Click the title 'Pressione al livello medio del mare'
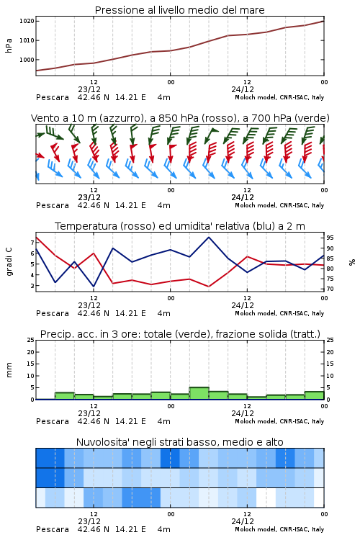tap(179, 10)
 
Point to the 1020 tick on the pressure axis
tap(27, 21)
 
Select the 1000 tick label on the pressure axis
tap(27, 60)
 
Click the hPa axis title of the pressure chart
tap(9, 45)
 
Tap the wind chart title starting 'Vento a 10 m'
tap(180, 118)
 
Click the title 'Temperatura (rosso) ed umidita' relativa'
tap(180, 226)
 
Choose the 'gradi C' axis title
tap(9, 262)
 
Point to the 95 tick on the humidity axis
tap(330, 238)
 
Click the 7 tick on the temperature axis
tap(32, 243)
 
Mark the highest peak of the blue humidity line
tap(209, 238)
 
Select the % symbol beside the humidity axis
tap(352, 262)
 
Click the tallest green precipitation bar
tap(199, 393)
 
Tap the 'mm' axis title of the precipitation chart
tap(9, 370)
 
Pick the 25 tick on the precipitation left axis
tap(31, 340)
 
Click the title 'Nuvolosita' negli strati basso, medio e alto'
tap(180, 442)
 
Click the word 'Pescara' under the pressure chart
tap(53, 97)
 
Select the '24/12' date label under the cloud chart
tap(243, 521)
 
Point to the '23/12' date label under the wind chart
tap(89, 197)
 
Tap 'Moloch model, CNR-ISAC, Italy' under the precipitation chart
tap(279, 421)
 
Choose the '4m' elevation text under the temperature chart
tap(163, 313)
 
